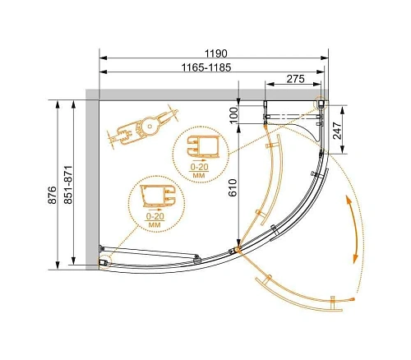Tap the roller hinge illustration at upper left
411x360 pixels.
click(x=145, y=127)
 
